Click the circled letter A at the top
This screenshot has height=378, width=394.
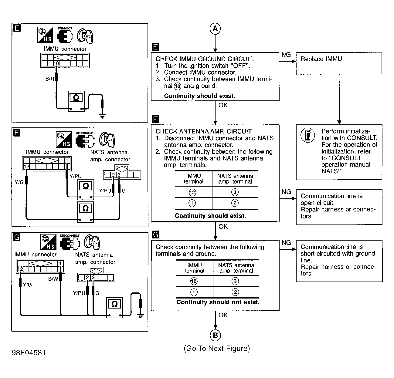click(x=215, y=29)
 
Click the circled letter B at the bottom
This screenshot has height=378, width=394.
click(x=215, y=335)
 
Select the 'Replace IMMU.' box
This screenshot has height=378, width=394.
click(x=339, y=63)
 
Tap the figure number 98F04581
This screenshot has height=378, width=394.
click(x=29, y=353)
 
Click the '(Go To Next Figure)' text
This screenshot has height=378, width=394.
click(x=217, y=349)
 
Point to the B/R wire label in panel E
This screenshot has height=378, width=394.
click(x=49, y=79)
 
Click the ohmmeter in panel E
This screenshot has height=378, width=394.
click(x=76, y=101)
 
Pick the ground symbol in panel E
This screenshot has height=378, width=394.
click(x=102, y=116)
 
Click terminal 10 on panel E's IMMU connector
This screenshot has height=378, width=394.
click(x=56, y=63)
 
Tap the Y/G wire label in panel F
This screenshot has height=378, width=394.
click(x=19, y=182)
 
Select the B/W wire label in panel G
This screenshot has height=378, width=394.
click(x=53, y=279)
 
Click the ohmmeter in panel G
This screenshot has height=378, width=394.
click(x=115, y=307)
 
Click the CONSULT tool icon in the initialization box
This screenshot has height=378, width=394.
click(x=307, y=135)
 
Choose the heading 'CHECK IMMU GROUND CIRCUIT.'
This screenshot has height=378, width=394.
click(x=205, y=59)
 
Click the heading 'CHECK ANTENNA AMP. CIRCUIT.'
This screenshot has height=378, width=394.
click(x=204, y=131)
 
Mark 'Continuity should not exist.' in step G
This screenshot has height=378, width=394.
click(x=218, y=302)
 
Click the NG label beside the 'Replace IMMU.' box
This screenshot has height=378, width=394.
click(x=286, y=55)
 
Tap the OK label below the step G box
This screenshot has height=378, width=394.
click(x=223, y=315)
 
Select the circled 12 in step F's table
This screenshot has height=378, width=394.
click(x=192, y=192)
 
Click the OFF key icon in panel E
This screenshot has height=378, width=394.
click(x=85, y=36)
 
